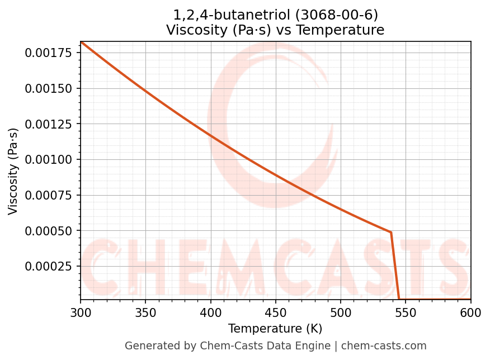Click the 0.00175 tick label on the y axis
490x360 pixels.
pos(50,53)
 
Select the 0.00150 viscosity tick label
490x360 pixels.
pos(50,88)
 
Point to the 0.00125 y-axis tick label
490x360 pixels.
pos(50,124)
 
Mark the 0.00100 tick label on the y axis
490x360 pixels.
pos(50,159)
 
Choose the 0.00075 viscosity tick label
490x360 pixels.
pos(50,195)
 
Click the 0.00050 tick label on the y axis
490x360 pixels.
pos(50,230)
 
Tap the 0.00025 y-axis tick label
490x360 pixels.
pos(50,266)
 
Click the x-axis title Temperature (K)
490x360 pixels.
pos(275,329)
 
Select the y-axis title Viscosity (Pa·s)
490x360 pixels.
pos(13,170)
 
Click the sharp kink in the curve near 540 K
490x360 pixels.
pos(390,232)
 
